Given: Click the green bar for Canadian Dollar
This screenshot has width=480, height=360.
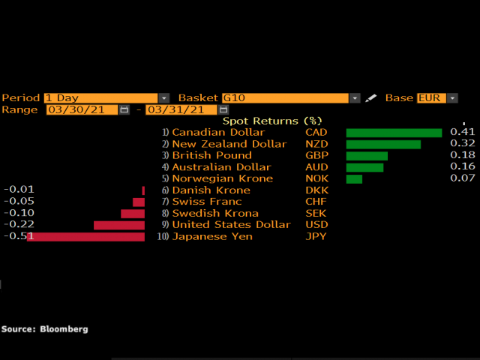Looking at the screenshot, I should pyautogui.click(x=394, y=133).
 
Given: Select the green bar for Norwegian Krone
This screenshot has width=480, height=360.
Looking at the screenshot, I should pyautogui.click(x=354, y=178).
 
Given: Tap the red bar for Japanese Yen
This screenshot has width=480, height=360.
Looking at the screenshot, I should pyautogui.click(x=85, y=236).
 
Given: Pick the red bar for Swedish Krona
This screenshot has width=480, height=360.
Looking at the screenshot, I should pyautogui.click(x=133, y=214).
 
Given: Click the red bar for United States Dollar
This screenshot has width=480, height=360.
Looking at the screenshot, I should pyautogui.click(x=119, y=225).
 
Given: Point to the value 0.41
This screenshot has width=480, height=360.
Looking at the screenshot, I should pyautogui.click(x=463, y=132).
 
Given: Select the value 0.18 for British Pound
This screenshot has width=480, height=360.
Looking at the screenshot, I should pyautogui.click(x=463, y=155).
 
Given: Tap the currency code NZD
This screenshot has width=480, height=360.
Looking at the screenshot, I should pyautogui.click(x=316, y=144).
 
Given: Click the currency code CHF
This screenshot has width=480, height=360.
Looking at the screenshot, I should pyautogui.click(x=316, y=202).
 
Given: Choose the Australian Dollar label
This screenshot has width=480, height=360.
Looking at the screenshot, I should pyautogui.click(x=221, y=167).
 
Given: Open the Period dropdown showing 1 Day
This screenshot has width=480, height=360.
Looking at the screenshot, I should pyautogui.click(x=106, y=97).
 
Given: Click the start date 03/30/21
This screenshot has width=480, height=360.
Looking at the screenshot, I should pyautogui.click(x=81, y=109).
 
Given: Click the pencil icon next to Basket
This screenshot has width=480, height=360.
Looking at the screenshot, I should pyautogui.click(x=370, y=98).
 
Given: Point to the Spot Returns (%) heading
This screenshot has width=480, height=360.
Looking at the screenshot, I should pyautogui.click(x=271, y=121).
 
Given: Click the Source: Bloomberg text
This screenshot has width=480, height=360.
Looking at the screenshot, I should pyautogui.click(x=44, y=328).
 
